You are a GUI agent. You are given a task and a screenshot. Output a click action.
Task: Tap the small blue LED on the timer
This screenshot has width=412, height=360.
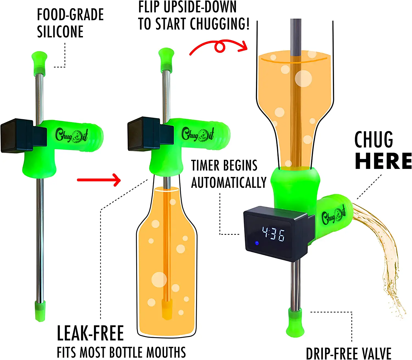click(257, 243)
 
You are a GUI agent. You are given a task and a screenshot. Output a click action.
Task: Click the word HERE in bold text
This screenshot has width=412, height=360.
click(383, 161)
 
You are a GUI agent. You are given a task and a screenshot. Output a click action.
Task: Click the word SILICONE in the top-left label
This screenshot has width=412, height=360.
click(60, 32)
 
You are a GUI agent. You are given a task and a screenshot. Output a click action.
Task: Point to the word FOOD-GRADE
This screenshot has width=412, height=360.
click(70, 15)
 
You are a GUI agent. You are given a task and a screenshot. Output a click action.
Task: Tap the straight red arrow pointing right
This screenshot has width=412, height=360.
click(99, 180)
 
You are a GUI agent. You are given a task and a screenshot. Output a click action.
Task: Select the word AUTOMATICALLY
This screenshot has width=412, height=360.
click(229, 183)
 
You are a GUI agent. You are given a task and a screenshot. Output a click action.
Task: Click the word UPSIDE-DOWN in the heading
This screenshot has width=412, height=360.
click(200, 7)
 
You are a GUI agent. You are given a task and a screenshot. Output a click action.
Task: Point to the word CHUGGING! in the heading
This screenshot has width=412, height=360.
click(220, 24)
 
